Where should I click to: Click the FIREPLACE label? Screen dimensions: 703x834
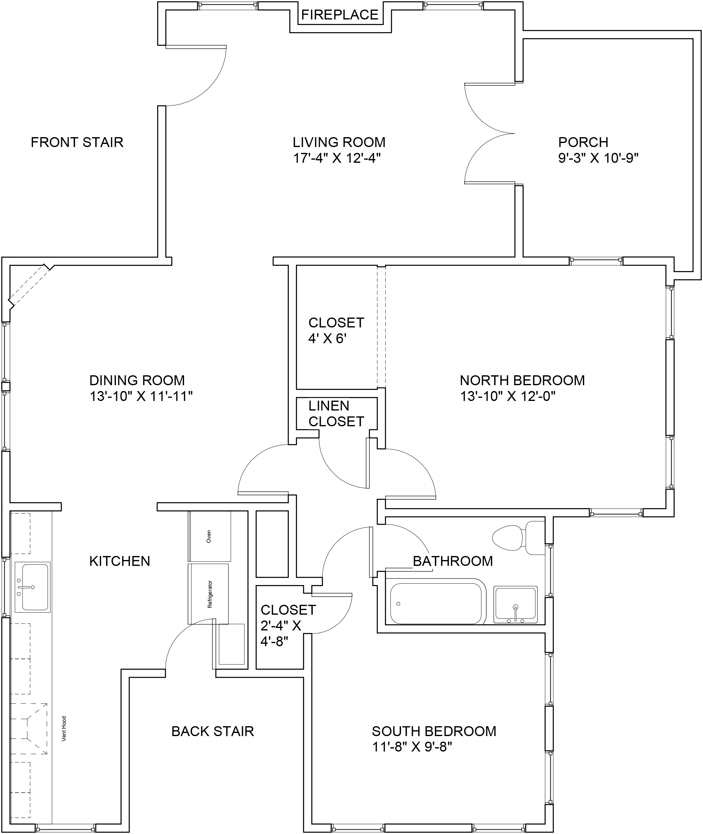click(340, 15)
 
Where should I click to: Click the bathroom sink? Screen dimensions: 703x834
click(515, 604)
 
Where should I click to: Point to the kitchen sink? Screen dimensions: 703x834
click(33, 587)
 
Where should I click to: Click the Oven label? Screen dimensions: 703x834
click(208, 536)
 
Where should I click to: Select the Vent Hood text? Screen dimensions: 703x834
click(64, 729)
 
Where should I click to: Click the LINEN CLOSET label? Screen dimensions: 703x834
click(336, 413)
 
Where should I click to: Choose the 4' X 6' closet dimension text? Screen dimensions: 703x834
click(327, 339)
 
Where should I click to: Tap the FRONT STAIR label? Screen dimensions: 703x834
click(77, 142)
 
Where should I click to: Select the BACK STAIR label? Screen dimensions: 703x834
click(212, 731)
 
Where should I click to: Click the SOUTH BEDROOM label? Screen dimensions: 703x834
click(434, 731)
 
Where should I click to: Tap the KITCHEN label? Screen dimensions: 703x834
click(119, 561)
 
